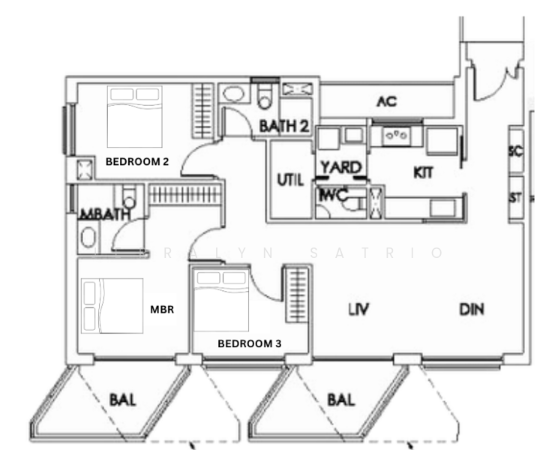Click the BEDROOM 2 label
point(137,161)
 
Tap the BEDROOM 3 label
point(250,344)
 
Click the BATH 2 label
point(284,127)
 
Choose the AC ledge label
point(386,101)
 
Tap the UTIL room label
point(289,180)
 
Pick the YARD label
point(341,166)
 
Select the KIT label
point(424,172)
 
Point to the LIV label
point(360,308)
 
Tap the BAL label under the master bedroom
point(123,399)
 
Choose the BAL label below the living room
point(341,399)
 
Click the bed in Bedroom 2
point(135,116)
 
